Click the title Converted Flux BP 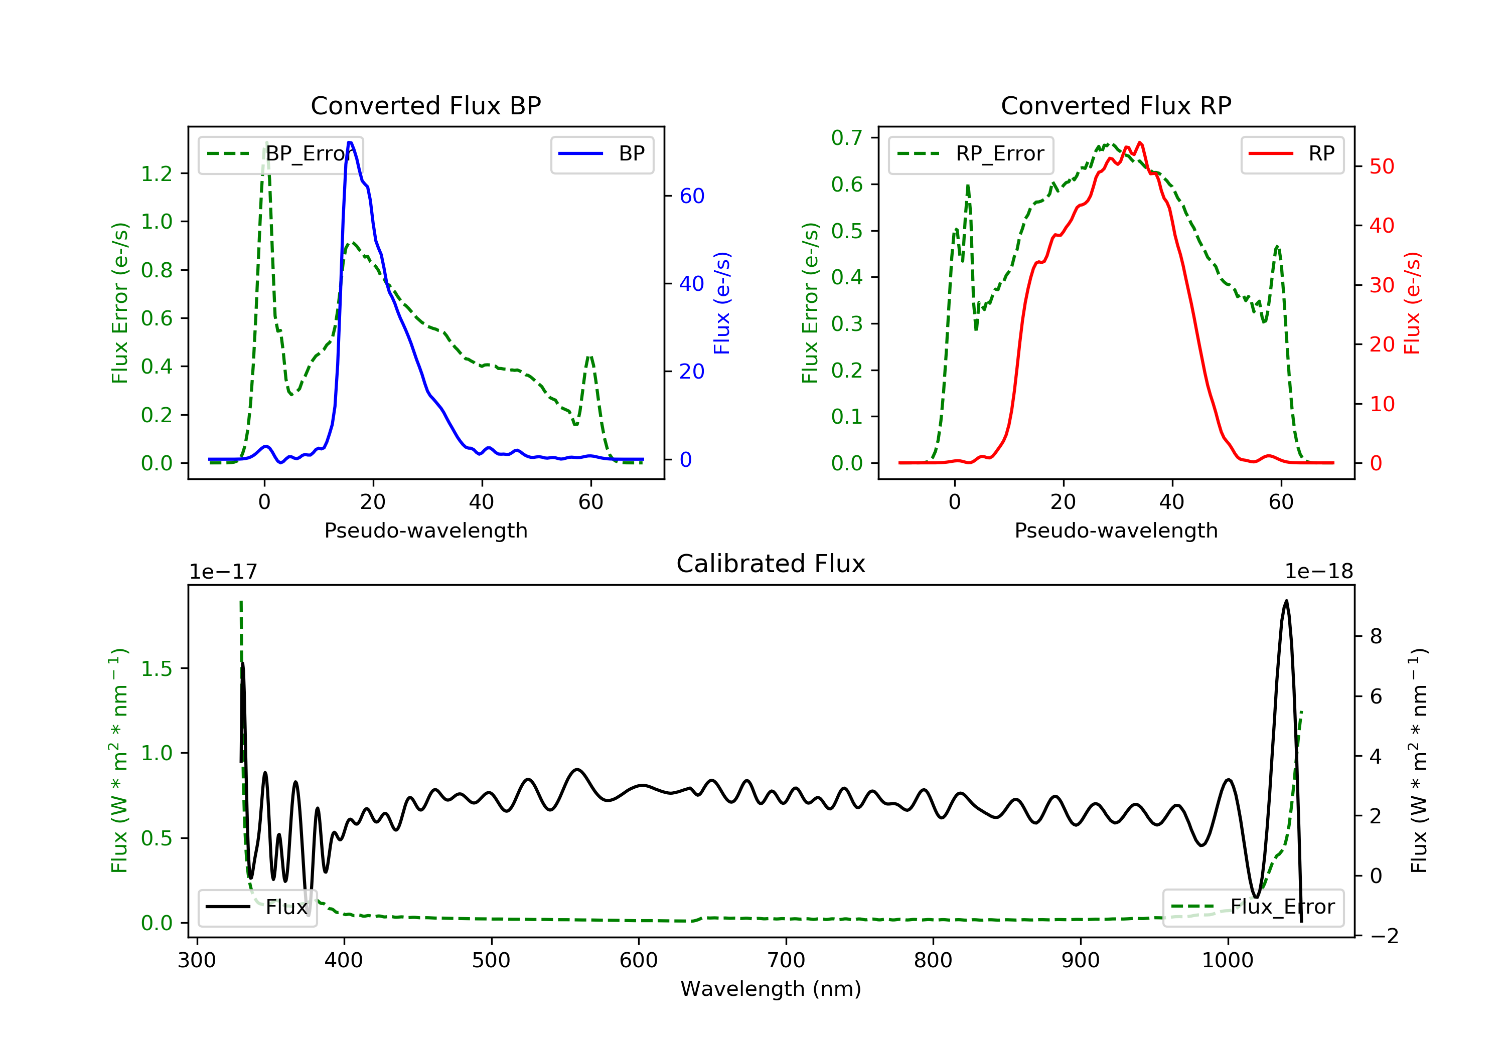click(x=425, y=105)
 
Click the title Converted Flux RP click(x=1116, y=105)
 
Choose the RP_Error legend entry click(x=999, y=154)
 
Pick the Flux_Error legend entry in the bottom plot click(x=1281, y=907)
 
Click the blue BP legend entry click(x=631, y=154)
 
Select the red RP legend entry click(x=1321, y=154)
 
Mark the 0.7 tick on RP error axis click(x=847, y=137)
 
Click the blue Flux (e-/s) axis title click(x=722, y=303)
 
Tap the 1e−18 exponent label click(x=1318, y=572)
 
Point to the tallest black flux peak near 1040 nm click(x=1286, y=601)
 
